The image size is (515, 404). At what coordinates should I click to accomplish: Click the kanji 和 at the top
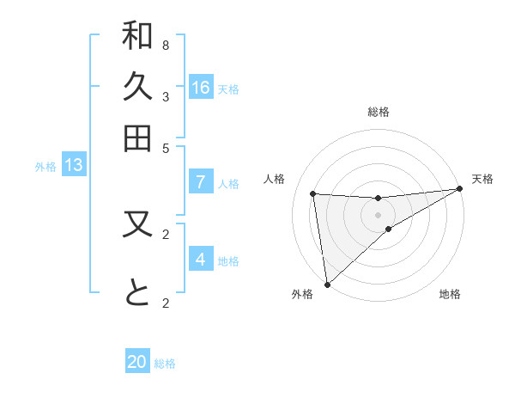coord(137,37)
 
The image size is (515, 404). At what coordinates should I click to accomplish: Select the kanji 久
coord(137,87)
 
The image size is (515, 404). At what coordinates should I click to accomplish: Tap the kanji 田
coord(137,138)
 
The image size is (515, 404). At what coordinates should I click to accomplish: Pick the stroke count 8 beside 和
coord(166,45)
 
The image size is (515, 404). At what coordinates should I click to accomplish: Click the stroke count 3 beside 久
coord(166,96)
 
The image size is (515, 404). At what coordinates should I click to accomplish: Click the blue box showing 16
coord(201,87)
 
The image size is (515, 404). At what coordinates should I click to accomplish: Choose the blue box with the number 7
coord(201,182)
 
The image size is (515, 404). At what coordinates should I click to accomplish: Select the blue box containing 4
coord(201,259)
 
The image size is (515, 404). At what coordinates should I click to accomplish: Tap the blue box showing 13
coord(74,165)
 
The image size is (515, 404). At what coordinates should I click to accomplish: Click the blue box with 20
coord(137,362)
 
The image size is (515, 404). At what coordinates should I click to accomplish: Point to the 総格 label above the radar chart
coord(379,112)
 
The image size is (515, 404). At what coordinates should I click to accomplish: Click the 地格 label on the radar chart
coord(450,294)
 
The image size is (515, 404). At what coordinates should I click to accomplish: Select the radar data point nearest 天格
coord(459,190)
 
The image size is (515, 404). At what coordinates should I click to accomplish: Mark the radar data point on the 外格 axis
coord(327,284)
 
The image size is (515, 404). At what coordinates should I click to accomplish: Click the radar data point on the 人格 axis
coord(313,194)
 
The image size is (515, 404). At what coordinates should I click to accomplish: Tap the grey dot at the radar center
coord(379,215)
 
